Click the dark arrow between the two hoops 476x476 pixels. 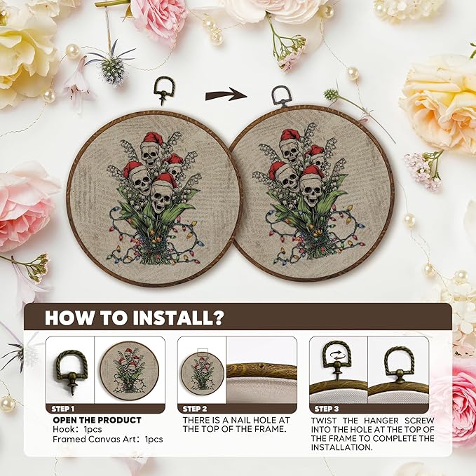pyautogui.click(x=226, y=95)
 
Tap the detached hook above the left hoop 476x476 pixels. pyautogui.click(x=164, y=90)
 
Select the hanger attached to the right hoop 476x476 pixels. pyautogui.click(x=281, y=96)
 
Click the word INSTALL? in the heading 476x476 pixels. pyautogui.click(x=178, y=318)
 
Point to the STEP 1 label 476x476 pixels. pyautogui.click(x=63, y=409)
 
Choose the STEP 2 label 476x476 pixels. pyautogui.click(x=195, y=409)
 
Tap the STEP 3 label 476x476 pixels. pyautogui.click(x=327, y=409)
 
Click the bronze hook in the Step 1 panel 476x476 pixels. pyautogui.click(x=72, y=370)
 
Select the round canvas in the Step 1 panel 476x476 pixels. pyautogui.click(x=130, y=371)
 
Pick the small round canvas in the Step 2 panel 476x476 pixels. pyautogui.click(x=202, y=374)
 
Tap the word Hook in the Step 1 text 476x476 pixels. pyautogui.click(x=64, y=429)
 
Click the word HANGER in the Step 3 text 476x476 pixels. pyautogui.click(x=381, y=421)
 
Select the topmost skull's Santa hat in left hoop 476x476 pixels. pyautogui.click(x=153, y=138)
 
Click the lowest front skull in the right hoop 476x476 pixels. pyautogui.click(x=311, y=191)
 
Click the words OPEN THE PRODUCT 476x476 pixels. pyautogui.click(x=97, y=420)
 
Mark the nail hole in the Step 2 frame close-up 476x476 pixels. pyautogui.click(x=261, y=365)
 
